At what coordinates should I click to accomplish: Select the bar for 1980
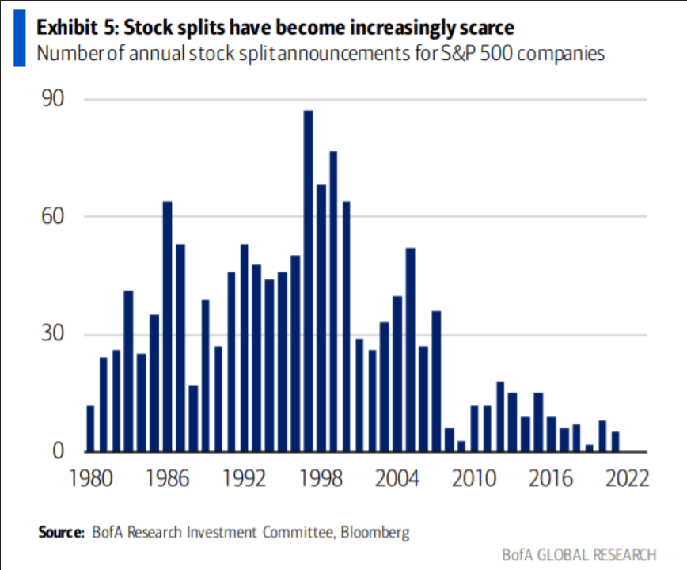click(x=90, y=428)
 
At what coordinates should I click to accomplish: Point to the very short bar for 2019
click(x=590, y=448)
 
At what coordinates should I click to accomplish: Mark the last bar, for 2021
click(x=615, y=442)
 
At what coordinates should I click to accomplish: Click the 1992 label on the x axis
click(x=242, y=479)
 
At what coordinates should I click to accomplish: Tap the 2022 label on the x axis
click(x=627, y=479)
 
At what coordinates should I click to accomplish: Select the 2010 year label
click(x=473, y=479)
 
